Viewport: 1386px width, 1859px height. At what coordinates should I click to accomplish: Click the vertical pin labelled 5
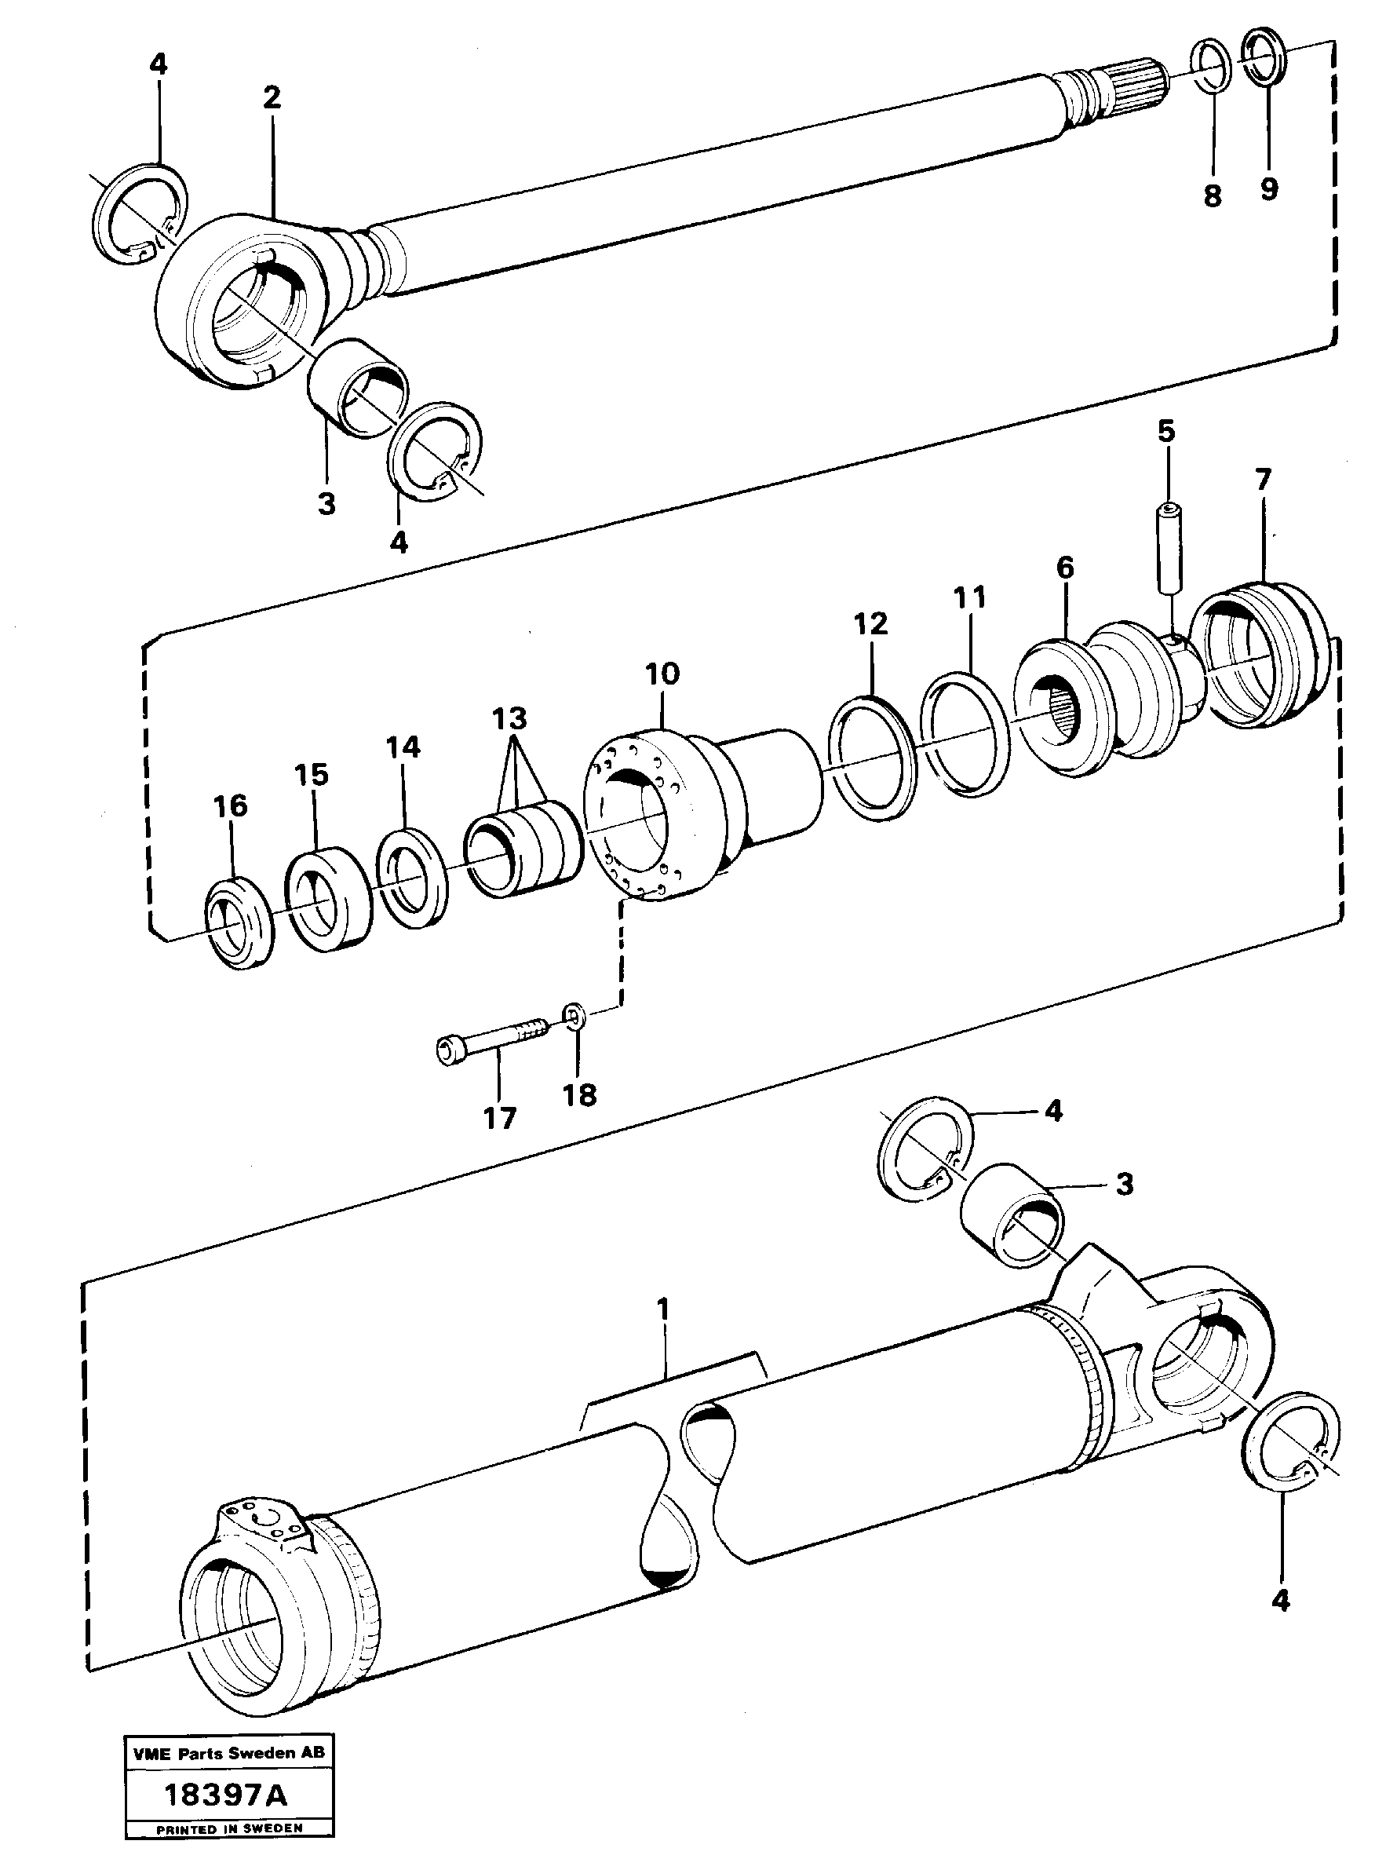pyautogui.click(x=1168, y=559)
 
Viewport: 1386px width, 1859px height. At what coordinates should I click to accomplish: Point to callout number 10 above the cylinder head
pyautogui.click(x=662, y=673)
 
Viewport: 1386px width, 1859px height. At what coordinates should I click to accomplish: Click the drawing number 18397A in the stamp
pyautogui.click(x=226, y=1796)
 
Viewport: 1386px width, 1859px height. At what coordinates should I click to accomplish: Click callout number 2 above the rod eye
pyautogui.click(x=271, y=98)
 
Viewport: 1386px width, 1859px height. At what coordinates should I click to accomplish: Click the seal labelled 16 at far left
pyautogui.click(x=241, y=923)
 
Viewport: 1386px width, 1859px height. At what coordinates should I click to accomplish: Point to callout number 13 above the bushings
pyautogui.click(x=509, y=718)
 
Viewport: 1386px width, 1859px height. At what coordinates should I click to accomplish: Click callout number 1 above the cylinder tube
pyautogui.click(x=663, y=1309)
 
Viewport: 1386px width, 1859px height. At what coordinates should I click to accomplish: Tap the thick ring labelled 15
pyautogui.click(x=329, y=899)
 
